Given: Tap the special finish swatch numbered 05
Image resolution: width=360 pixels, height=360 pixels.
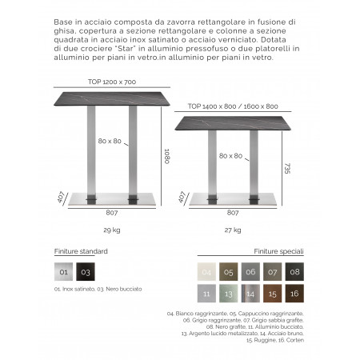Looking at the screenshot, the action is pyautogui.click(x=229, y=272).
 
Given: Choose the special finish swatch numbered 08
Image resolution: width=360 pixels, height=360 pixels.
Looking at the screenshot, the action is pyautogui.click(x=294, y=272).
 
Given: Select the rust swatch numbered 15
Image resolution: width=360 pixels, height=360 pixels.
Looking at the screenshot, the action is pyautogui.click(x=273, y=294).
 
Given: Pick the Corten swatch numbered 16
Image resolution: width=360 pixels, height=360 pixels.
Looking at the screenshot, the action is pyautogui.click(x=294, y=294).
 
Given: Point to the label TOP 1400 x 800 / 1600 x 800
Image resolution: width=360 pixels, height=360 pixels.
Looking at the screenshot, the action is pyautogui.click(x=233, y=106).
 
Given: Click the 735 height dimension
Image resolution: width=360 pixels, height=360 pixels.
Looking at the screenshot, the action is pyautogui.click(x=286, y=169).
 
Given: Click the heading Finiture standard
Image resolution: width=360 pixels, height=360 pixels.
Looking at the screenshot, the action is pyautogui.click(x=81, y=251).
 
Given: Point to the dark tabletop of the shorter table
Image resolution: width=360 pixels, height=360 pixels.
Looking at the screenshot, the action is pyautogui.click(x=233, y=116).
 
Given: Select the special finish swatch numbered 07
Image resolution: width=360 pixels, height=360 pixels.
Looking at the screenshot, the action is pyautogui.click(x=273, y=272).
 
